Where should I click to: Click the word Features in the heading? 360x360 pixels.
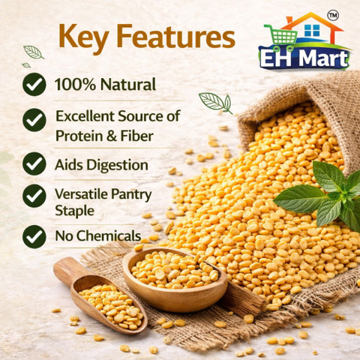pos(176,36)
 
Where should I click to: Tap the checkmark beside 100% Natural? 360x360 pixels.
pos(34,85)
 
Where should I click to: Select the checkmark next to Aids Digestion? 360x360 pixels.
pos(34,163)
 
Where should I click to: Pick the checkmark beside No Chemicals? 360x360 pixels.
pos(34,236)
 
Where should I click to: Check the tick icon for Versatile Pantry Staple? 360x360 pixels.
pos(34,196)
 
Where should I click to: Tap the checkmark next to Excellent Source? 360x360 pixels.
pos(34,120)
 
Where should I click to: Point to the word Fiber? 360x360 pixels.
pos(137,136)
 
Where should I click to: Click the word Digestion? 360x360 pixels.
pos(117,166)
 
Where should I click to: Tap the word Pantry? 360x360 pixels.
pos(131,195)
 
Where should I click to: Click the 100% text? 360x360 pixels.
pos(75,84)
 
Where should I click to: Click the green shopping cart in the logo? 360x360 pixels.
pos(282,37)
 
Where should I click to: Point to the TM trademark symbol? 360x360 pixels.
pos(333,16)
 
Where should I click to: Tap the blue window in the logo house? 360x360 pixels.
pos(312,30)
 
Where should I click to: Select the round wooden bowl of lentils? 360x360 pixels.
pos(175,280)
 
